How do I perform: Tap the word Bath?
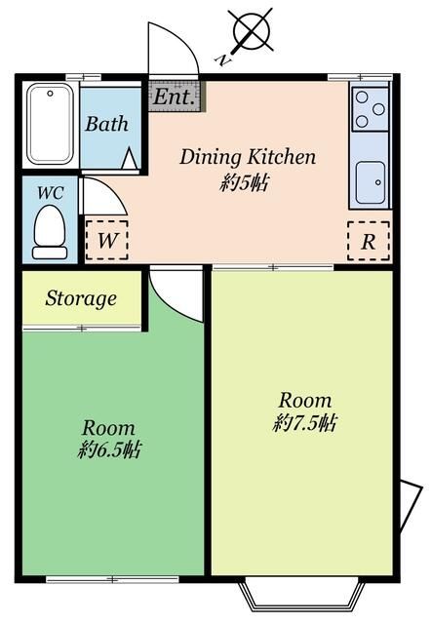click(x=106, y=124)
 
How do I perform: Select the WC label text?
click(x=50, y=193)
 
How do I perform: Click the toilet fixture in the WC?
click(x=50, y=232)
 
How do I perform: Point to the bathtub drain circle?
click(x=50, y=94)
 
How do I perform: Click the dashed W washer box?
click(x=106, y=240)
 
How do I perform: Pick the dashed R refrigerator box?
click(x=369, y=241)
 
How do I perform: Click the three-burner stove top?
click(x=370, y=109)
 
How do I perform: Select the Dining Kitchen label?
click(x=248, y=157)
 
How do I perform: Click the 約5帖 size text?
click(x=245, y=184)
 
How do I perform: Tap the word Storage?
click(x=81, y=298)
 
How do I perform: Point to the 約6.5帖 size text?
click(x=109, y=449)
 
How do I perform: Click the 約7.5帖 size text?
click(x=305, y=422)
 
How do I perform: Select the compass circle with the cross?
click(x=253, y=29)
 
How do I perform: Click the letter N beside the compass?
click(x=223, y=60)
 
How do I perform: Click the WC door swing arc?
click(x=114, y=188)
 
